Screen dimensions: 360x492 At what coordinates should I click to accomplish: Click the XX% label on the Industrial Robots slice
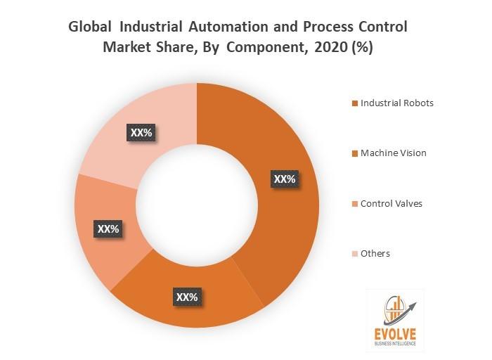[x=284, y=179]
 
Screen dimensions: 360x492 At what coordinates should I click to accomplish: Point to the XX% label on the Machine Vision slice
[x=187, y=297]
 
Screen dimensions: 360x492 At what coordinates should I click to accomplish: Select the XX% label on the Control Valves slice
[x=108, y=229]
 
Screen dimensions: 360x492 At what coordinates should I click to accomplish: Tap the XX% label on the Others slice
[x=141, y=131]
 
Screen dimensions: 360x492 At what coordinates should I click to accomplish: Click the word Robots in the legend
[x=417, y=103]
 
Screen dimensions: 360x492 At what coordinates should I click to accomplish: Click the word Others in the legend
[x=375, y=253]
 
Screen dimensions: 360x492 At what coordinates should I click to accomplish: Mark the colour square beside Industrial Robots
[x=355, y=103]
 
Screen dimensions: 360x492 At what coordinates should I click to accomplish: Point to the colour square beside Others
[x=355, y=254]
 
